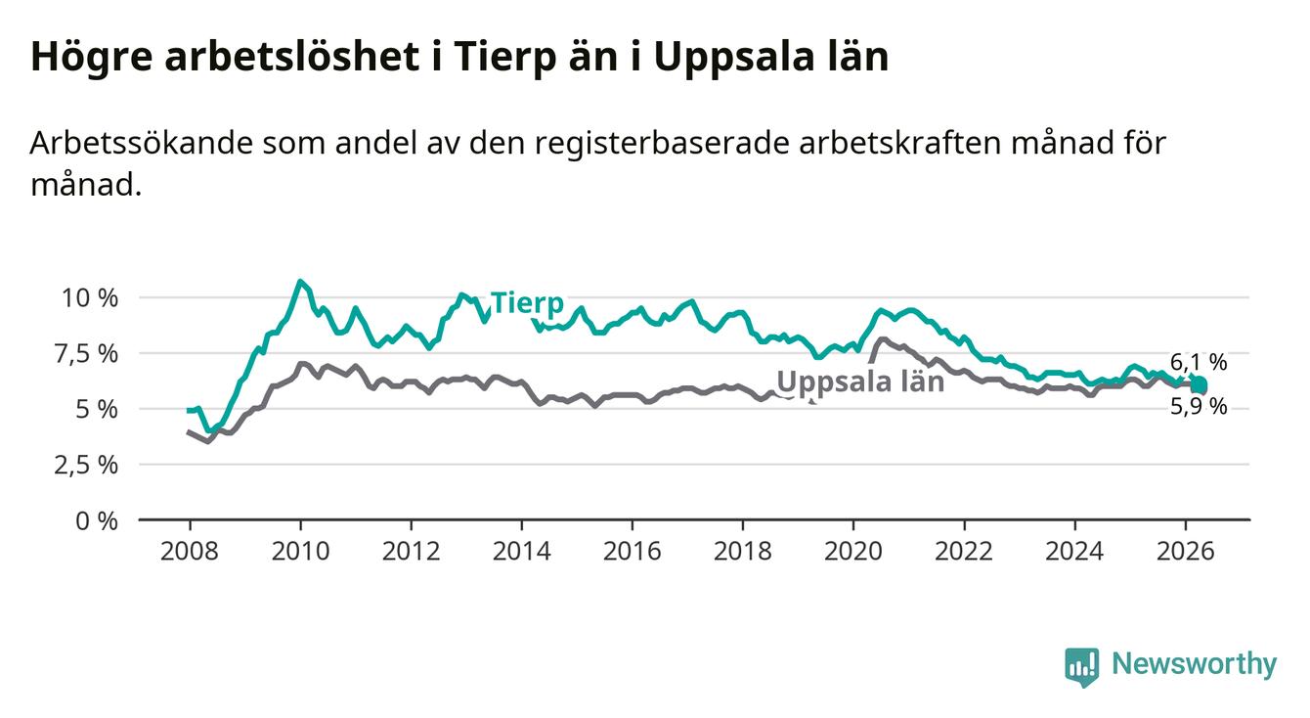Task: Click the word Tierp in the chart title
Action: tap(504, 57)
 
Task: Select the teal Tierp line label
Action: tap(528, 303)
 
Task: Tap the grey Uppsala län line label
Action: tap(860, 382)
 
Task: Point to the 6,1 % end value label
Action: tap(1199, 362)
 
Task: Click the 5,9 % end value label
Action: tap(1199, 406)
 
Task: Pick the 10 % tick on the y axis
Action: tap(90, 297)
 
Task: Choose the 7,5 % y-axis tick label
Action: tap(86, 354)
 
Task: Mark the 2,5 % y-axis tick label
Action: tap(86, 466)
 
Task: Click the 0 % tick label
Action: tap(97, 520)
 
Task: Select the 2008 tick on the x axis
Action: tap(190, 552)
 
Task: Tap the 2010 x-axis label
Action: tap(300, 552)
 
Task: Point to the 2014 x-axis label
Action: tap(522, 552)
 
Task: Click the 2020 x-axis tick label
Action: tap(853, 552)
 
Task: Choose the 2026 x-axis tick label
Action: tap(1186, 552)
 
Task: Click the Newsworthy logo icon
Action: tap(1081, 667)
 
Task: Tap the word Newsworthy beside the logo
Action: tap(1194, 664)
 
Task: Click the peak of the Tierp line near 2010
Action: tap(300, 282)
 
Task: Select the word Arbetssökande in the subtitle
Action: tap(141, 143)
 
